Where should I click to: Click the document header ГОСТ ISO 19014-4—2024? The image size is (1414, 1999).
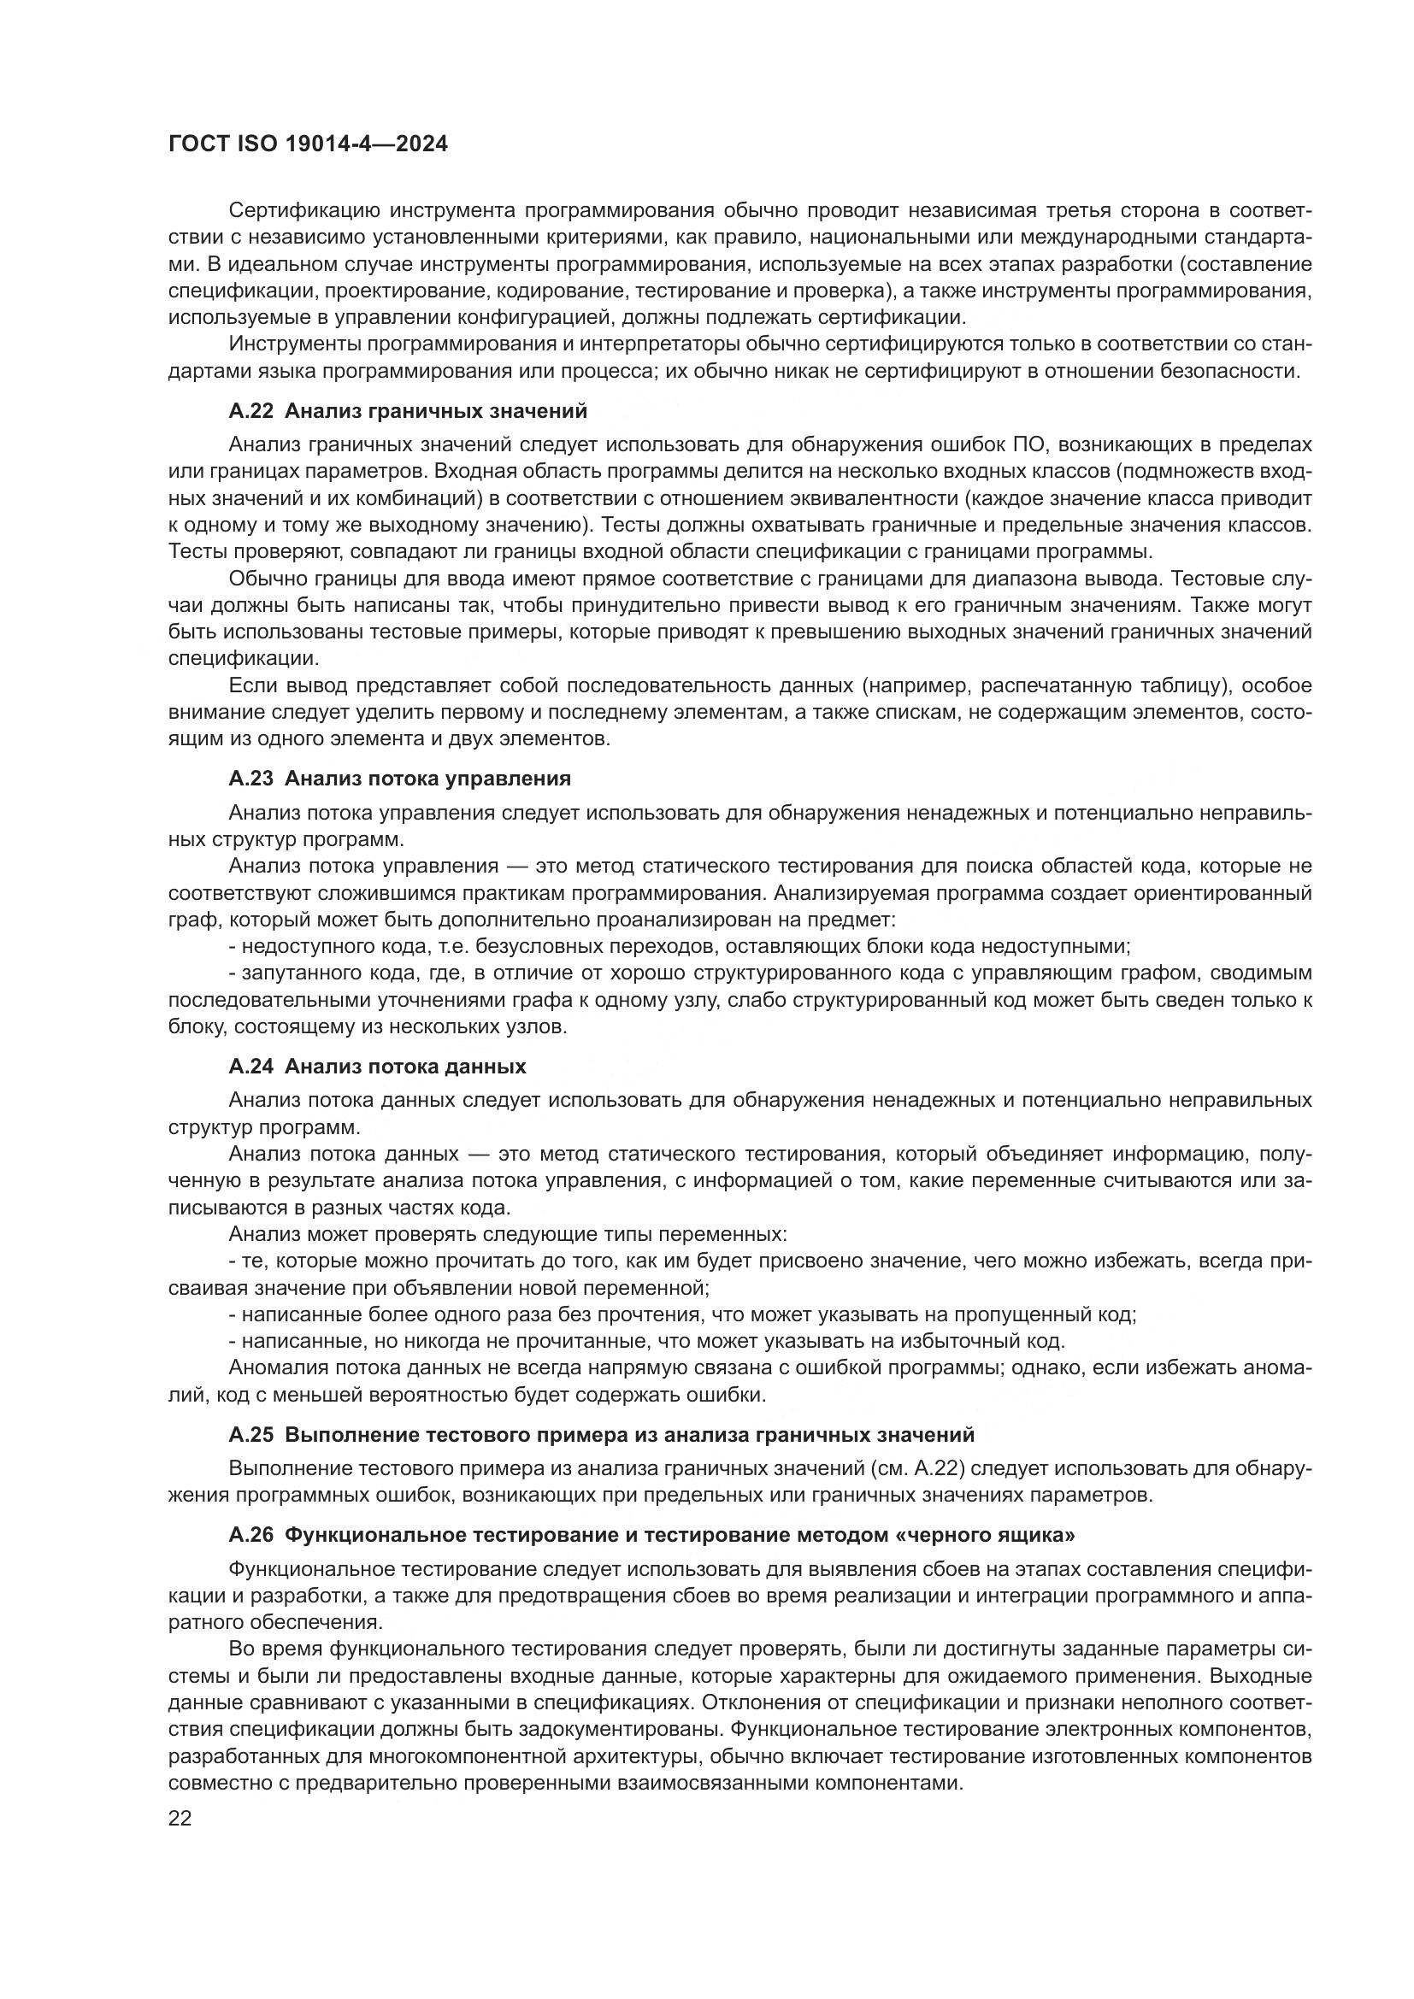coord(308,144)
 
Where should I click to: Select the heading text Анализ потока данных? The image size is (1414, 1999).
coord(406,1067)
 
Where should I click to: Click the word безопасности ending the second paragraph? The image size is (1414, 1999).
coord(1229,371)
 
